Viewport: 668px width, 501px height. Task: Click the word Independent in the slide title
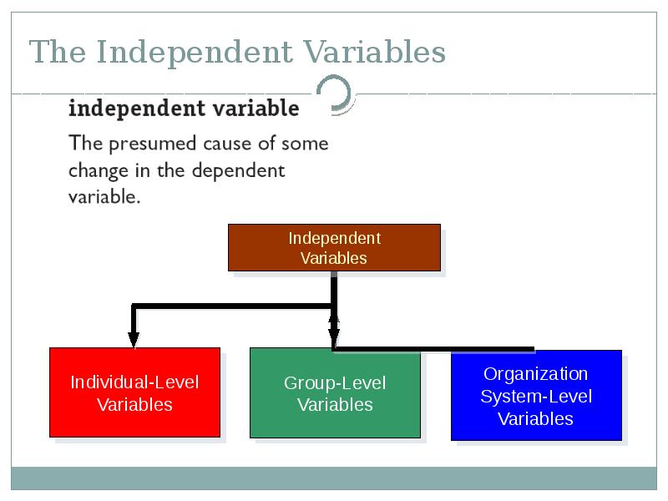(x=195, y=53)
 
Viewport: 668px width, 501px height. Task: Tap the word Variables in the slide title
(x=374, y=52)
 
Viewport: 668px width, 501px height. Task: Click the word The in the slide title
(x=58, y=52)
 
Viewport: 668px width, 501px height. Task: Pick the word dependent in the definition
(x=238, y=171)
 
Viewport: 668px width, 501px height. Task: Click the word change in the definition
(x=99, y=171)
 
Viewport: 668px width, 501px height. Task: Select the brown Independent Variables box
(x=335, y=247)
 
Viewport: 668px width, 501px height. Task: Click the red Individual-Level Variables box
(x=135, y=392)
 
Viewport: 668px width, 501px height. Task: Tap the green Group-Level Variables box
(x=336, y=392)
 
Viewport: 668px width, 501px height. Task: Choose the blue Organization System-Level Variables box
(x=536, y=395)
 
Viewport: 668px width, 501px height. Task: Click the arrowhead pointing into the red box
(x=134, y=339)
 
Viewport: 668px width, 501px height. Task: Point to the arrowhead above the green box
(x=334, y=331)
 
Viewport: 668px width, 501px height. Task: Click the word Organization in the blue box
(x=535, y=374)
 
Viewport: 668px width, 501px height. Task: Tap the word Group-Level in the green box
(x=335, y=383)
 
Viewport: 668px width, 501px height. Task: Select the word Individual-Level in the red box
(x=134, y=382)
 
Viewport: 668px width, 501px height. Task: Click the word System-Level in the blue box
(x=536, y=397)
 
